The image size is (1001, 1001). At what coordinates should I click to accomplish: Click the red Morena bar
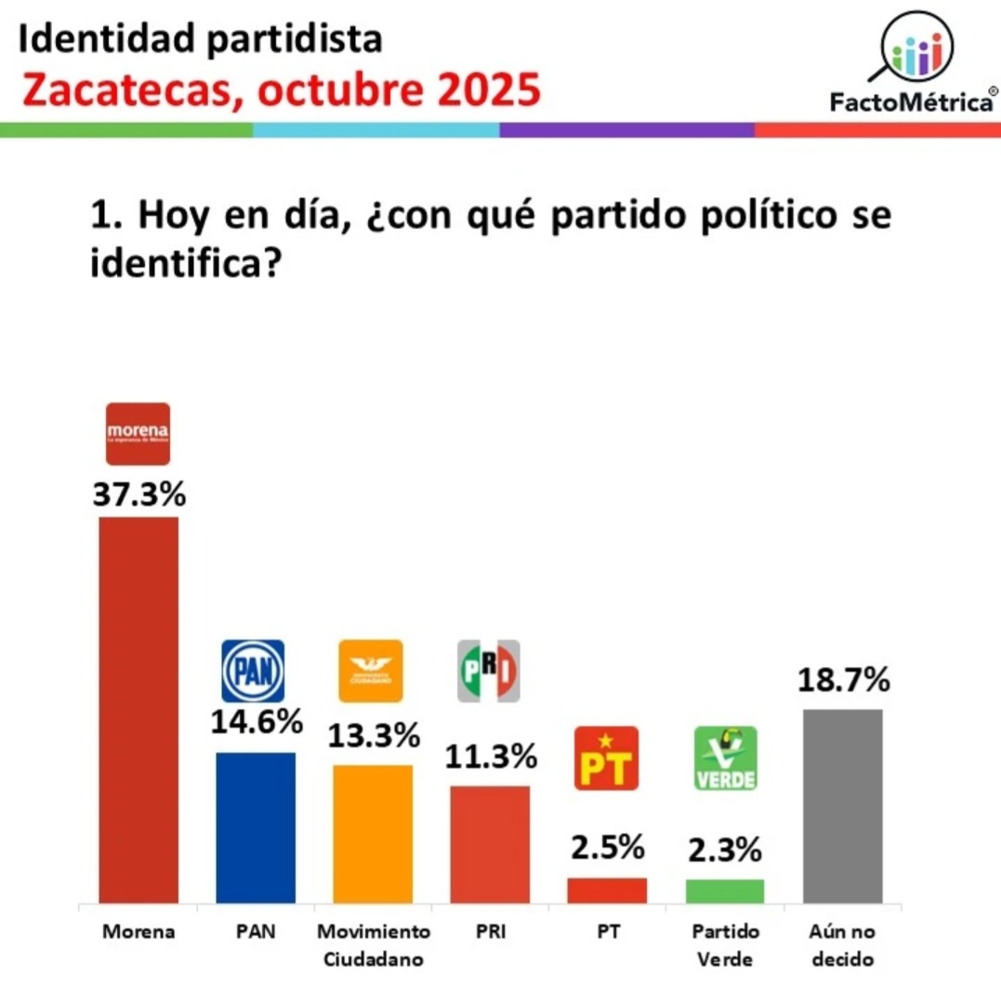138,709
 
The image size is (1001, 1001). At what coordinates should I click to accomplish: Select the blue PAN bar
256,827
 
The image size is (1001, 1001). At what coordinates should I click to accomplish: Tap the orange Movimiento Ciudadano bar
373,834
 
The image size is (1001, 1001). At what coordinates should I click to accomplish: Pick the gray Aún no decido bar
842,806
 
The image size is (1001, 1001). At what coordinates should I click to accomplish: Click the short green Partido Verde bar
725,891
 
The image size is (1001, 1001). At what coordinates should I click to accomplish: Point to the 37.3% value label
138,494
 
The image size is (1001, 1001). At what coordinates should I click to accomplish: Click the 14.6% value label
256,721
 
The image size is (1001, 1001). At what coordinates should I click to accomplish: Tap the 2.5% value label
607,848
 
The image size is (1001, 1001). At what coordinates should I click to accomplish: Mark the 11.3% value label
490,757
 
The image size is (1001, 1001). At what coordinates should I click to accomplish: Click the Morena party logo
138,433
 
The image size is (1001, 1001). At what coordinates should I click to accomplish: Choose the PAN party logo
253,670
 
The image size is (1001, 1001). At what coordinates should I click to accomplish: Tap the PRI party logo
489,670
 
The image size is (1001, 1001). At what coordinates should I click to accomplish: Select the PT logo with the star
606,757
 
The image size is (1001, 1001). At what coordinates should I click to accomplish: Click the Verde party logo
726,757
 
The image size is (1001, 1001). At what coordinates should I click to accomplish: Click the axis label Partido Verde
725,944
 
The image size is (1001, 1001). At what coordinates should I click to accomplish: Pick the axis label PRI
489,931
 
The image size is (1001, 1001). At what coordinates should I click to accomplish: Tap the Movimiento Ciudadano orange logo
371,670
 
